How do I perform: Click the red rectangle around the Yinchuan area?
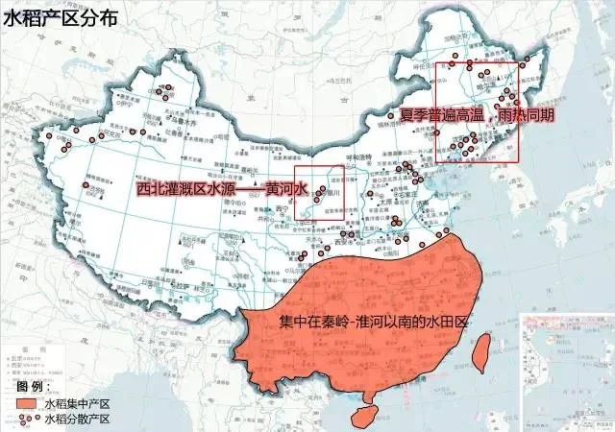[319, 191]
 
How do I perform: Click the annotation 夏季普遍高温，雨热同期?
[477, 114]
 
